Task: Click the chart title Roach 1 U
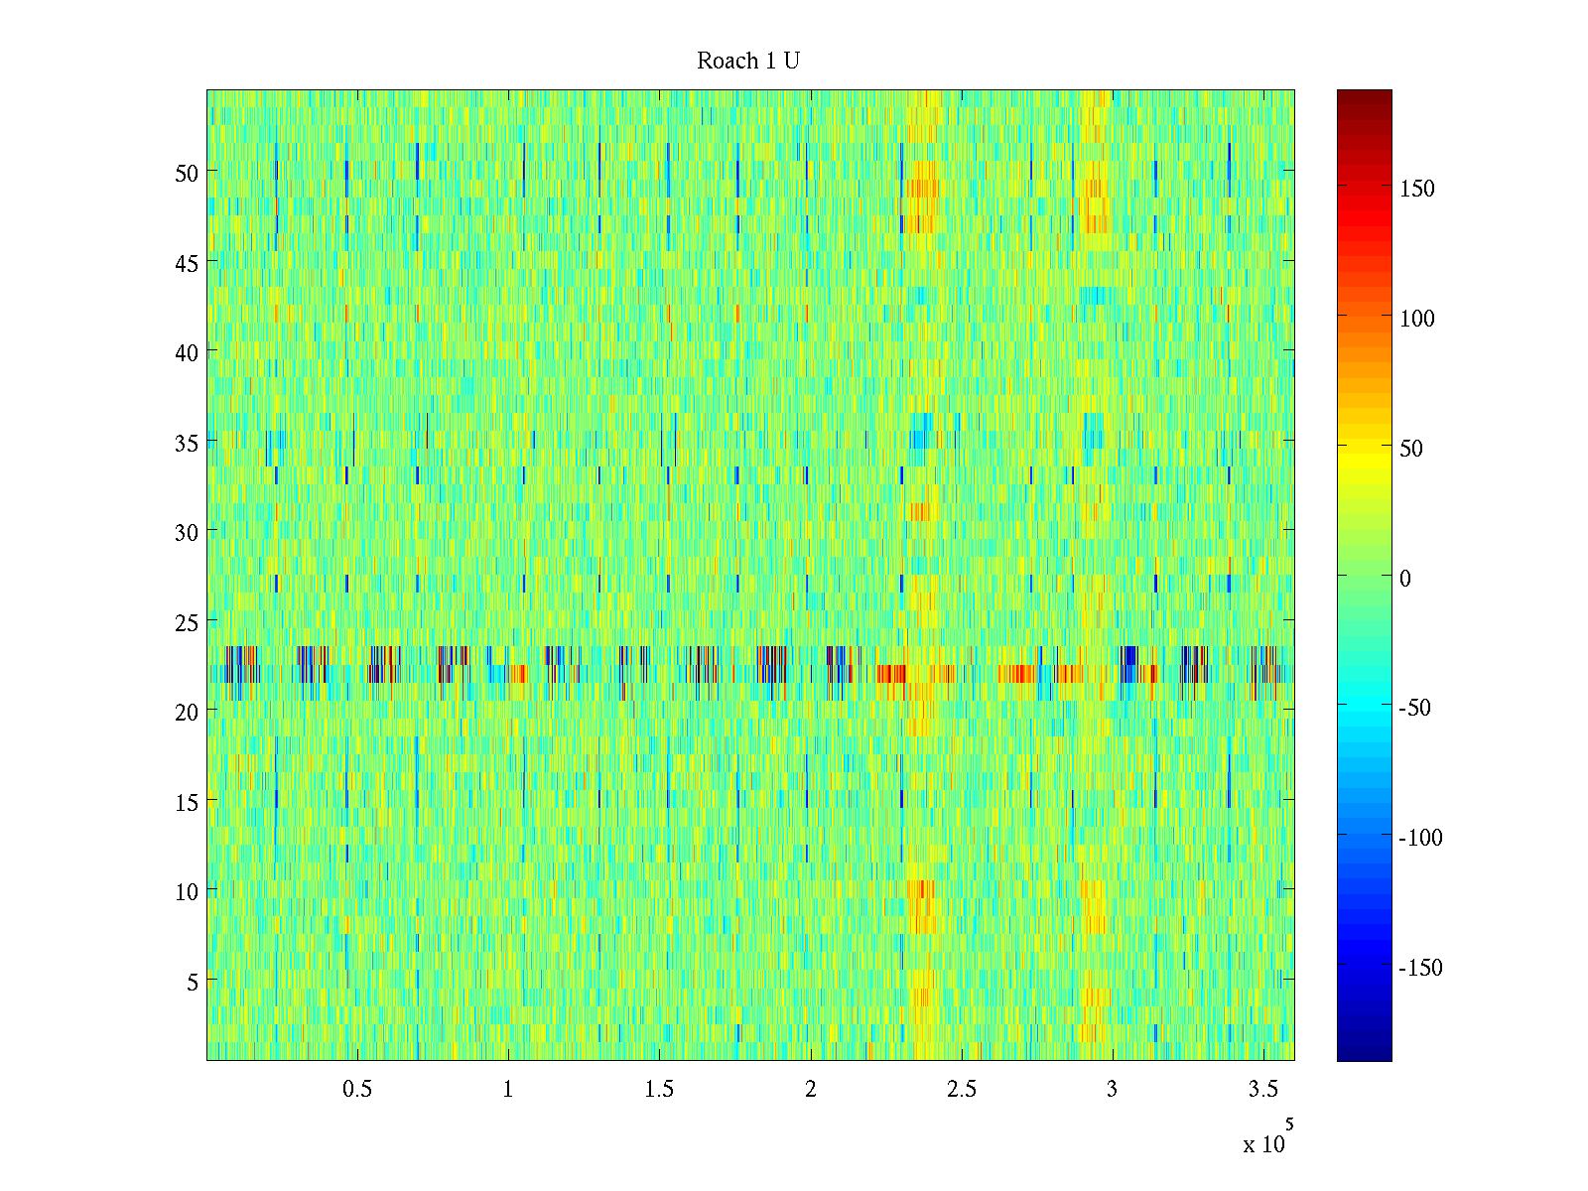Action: pyautogui.click(x=748, y=62)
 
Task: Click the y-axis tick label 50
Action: pyautogui.click(x=187, y=173)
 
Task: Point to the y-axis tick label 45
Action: pyautogui.click(x=187, y=263)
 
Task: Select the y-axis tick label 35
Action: pyautogui.click(x=187, y=443)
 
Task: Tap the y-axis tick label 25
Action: pyautogui.click(x=187, y=622)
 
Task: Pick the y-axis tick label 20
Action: pyautogui.click(x=187, y=712)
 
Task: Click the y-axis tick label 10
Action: pyautogui.click(x=187, y=891)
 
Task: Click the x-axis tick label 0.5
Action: pyautogui.click(x=357, y=1090)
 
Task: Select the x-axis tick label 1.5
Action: pyautogui.click(x=659, y=1090)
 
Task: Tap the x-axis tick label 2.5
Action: pyautogui.click(x=961, y=1090)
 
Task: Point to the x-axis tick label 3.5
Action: pyautogui.click(x=1262, y=1090)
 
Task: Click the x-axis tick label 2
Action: pyautogui.click(x=810, y=1090)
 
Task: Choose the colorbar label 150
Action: pyautogui.click(x=1417, y=189)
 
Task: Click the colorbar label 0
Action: pyautogui.click(x=1404, y=578)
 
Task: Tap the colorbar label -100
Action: pyautogui.click(x=1420, y=838)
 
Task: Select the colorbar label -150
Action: pyautogui.click(x=1420, y=968)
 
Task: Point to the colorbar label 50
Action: pyautogui.click(x=1411, y=449)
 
